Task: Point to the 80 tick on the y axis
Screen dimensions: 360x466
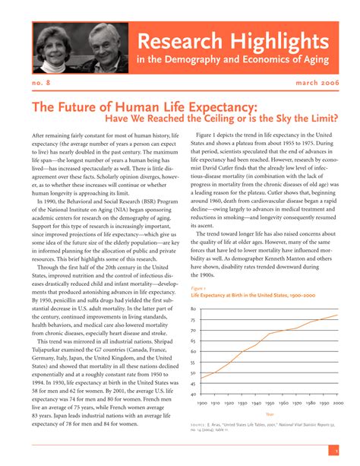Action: (193, 309)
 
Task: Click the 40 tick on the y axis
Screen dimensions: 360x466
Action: (193, 395)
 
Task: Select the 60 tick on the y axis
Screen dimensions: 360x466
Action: (193, 352)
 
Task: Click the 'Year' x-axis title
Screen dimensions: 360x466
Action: (270, 414)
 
